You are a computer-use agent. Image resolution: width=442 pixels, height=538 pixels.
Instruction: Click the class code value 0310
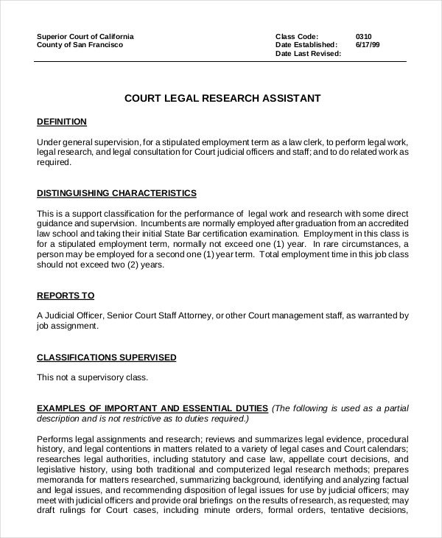[363, 36]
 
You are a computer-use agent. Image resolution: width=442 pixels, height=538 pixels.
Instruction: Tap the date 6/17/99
[367, 45]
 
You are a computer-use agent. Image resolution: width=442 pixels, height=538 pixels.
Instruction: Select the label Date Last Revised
[308, 54]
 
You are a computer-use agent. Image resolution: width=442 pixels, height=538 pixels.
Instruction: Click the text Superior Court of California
[85, 36]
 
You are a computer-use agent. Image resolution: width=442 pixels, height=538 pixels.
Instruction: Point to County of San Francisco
[80, 45]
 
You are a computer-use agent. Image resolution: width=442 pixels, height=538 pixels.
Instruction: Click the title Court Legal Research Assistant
[222, 97]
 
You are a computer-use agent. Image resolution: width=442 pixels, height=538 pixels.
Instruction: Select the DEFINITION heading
[62, 122]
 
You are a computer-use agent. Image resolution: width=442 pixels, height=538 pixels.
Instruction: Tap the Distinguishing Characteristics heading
[116, 193]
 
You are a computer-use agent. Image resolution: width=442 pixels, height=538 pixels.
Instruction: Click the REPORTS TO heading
[66, 296]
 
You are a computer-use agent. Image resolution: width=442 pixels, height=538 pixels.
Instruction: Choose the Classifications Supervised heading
[107, 357]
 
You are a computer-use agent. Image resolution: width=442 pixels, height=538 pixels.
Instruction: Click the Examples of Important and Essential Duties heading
[152, 408]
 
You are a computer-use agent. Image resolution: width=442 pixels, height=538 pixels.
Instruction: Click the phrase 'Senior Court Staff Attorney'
[160, 316]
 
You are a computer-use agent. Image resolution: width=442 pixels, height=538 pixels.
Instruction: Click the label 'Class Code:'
[297, 36]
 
